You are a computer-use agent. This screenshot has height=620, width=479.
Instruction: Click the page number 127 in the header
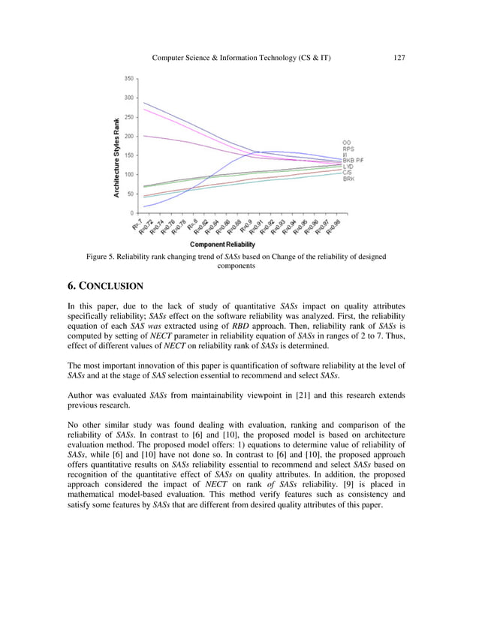tap(399, 58)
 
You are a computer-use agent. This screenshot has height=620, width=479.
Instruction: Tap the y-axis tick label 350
tap(129, 78)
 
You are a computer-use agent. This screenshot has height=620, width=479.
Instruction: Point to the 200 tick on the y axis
tap(129, 136)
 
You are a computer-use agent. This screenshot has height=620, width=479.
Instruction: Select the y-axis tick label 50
tap(131, 194)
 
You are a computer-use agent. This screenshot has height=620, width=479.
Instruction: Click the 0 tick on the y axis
tap(133, 213)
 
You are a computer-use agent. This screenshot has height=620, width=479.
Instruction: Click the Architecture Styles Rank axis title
tap(116, 158)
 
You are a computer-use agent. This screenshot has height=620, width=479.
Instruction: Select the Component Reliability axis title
tap(221, 244)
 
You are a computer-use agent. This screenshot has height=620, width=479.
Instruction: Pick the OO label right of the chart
tap(347, 143)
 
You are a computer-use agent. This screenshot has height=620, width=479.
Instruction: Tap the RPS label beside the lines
tap(348, 149)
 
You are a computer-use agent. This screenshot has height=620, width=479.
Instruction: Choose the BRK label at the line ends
tap(349, 179)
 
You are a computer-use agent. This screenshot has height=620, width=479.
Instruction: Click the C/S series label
tap(348, 173)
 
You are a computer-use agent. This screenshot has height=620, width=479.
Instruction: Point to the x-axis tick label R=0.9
tap(246, 226)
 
